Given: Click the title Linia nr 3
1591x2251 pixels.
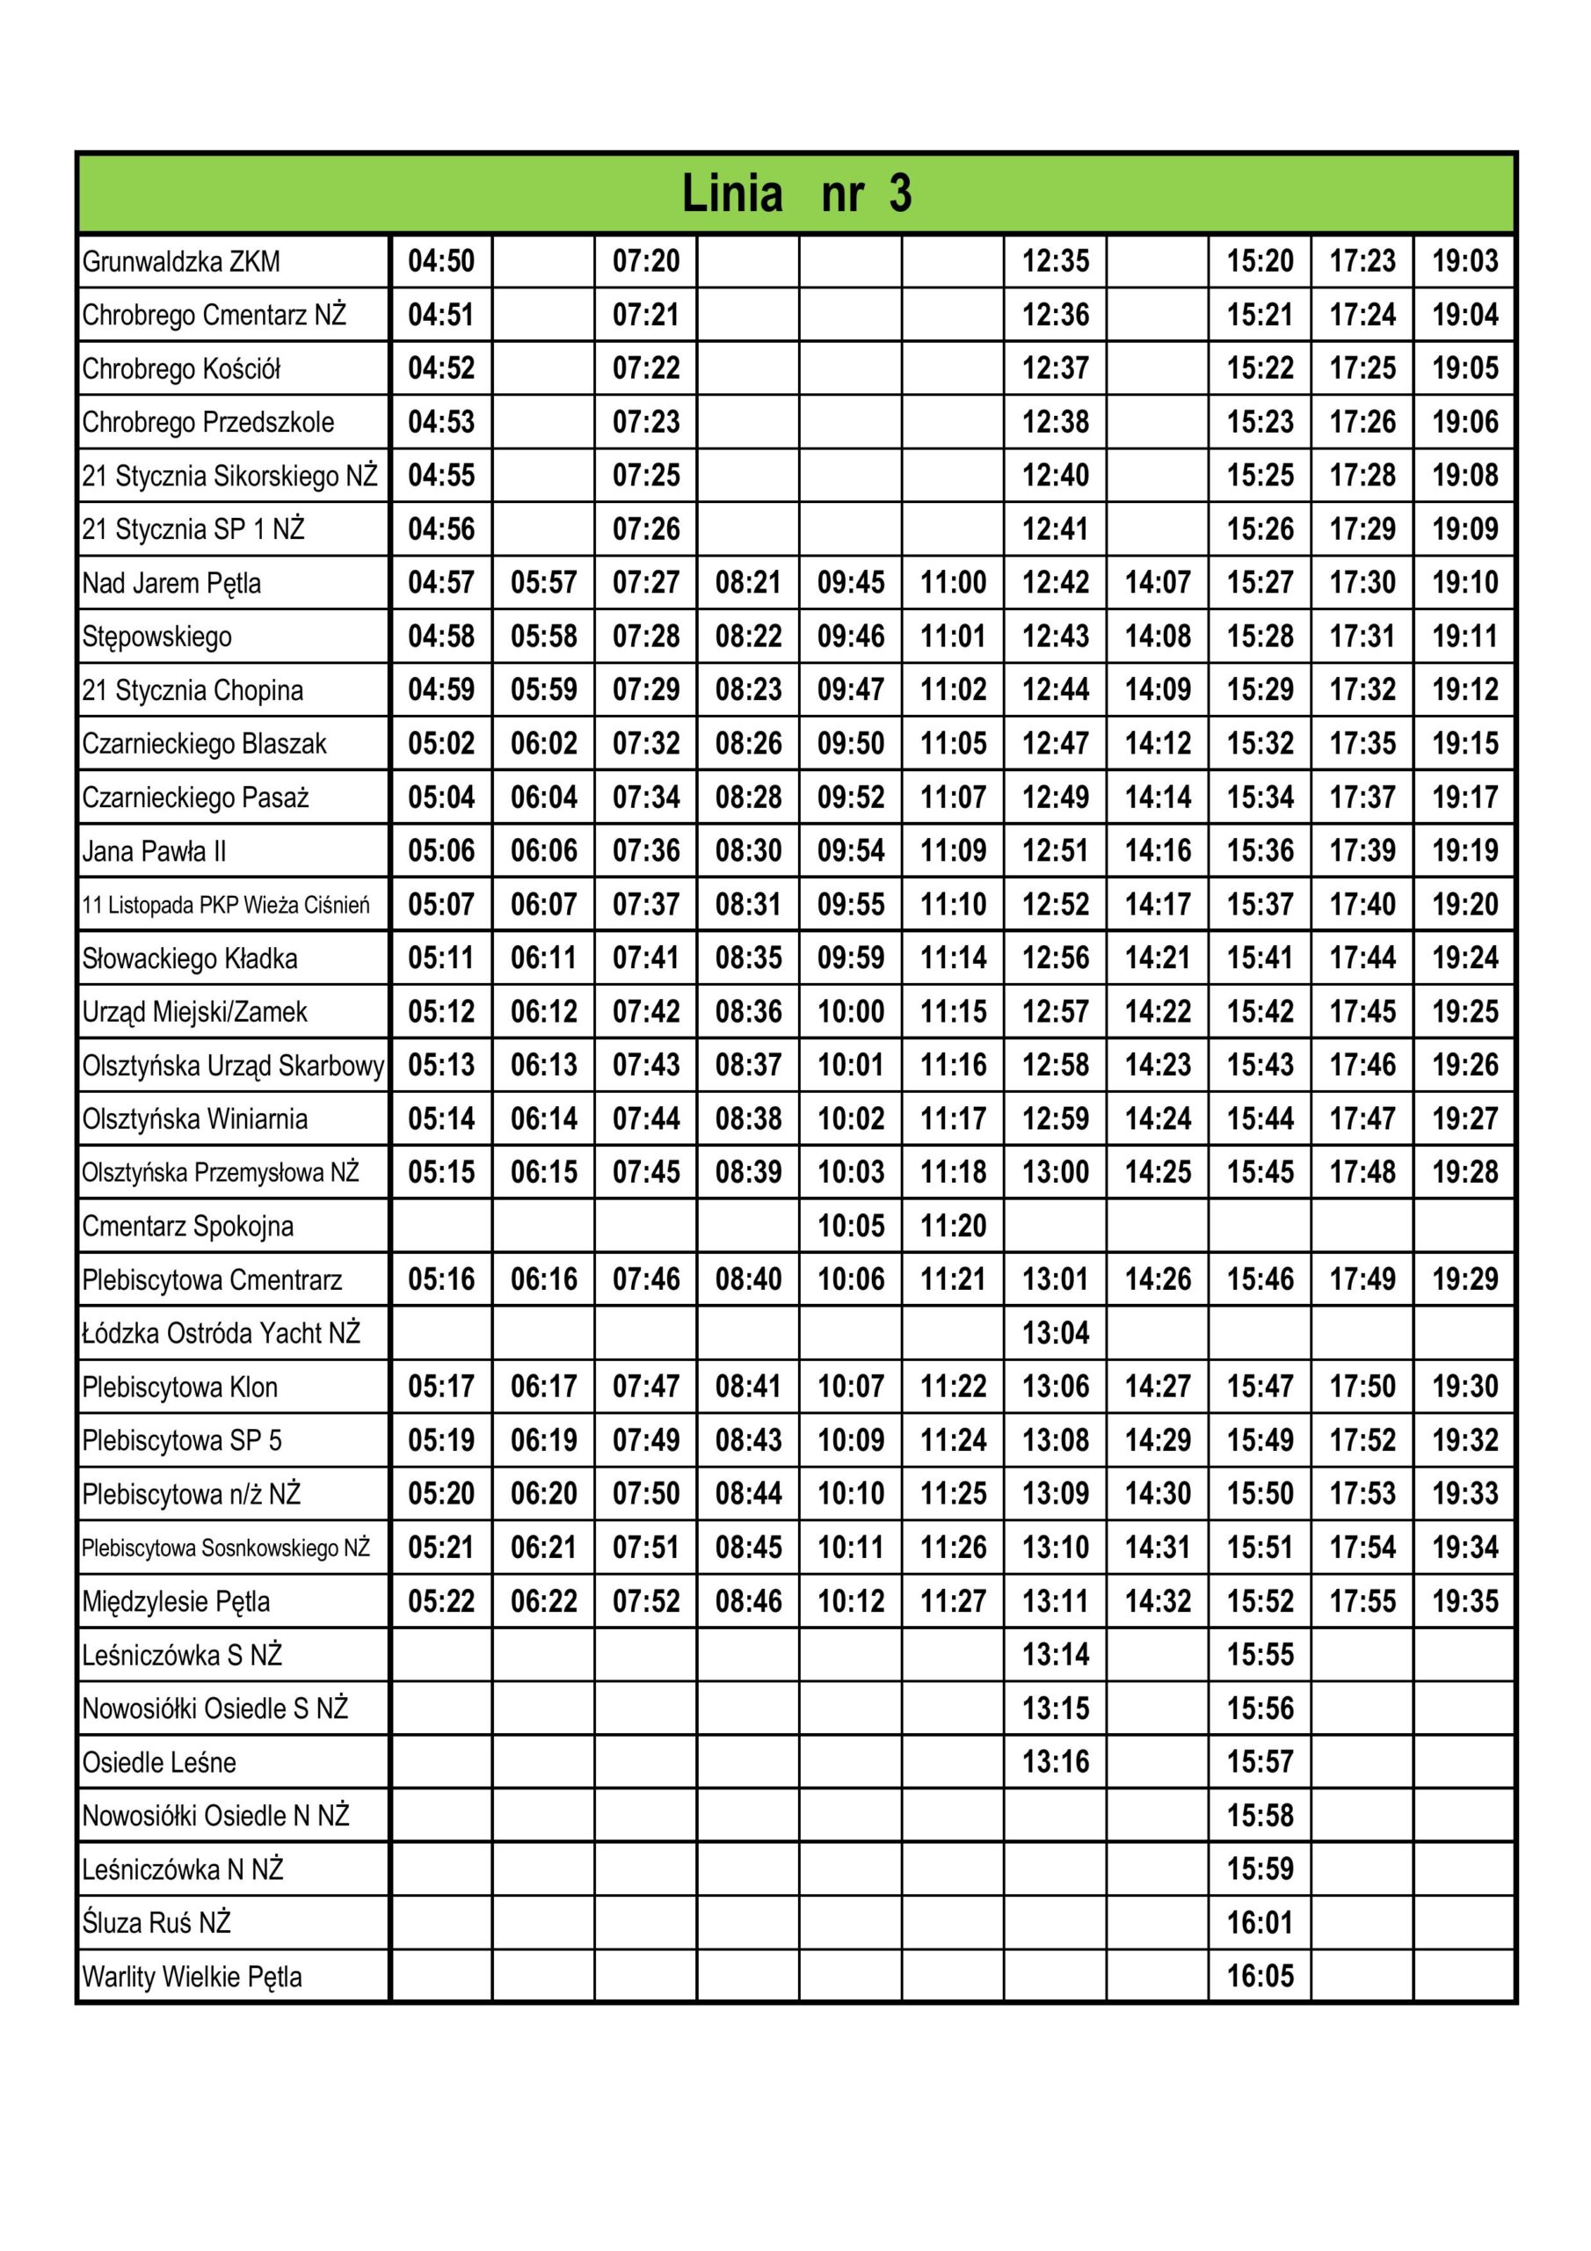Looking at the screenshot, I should coord(796,193).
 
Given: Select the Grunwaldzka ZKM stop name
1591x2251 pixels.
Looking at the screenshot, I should coord(181,262).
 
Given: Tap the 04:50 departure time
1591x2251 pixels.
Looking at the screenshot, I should coord(441,262).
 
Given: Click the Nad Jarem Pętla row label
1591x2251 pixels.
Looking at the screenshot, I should coord(171,583).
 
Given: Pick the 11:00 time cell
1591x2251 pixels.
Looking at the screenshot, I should coord(953,583).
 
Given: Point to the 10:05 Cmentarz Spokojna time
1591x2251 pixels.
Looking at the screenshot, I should coord(851,1226).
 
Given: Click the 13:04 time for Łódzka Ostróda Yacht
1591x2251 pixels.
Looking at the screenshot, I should coord(1056,1333).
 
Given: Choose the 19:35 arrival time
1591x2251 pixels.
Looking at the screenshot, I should coord(1464,1601).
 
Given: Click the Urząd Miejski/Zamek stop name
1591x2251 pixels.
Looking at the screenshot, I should coord(195,1012).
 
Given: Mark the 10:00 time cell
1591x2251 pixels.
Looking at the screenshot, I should coord(851,1012).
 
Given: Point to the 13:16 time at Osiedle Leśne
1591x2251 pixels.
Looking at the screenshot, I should coord(1056,1762).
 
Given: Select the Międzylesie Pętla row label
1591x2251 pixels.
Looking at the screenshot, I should coord(177,1602).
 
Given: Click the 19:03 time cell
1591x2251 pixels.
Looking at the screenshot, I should coord(1464,262).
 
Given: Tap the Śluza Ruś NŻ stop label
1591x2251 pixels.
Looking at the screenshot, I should coord(156,1922).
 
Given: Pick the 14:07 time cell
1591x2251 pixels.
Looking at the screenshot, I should coord(1158,583).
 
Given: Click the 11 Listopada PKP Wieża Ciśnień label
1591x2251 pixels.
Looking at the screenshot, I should coord(227,905).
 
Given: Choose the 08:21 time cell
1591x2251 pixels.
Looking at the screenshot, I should coord(748,583).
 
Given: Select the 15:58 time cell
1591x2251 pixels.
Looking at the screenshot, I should coord(1260,1815).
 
